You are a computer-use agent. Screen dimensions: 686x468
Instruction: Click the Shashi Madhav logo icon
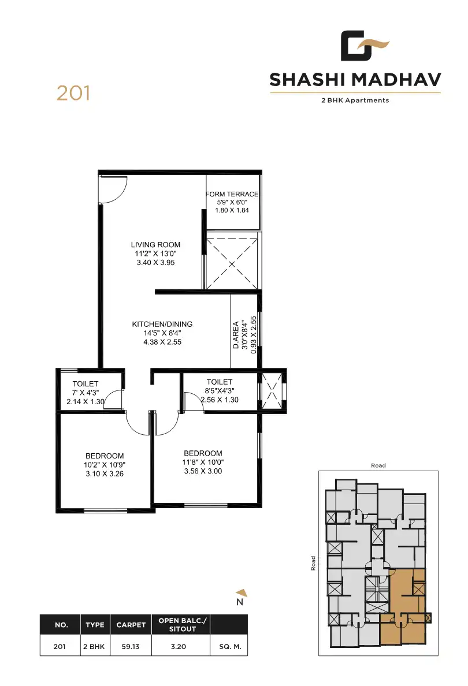point(364,46)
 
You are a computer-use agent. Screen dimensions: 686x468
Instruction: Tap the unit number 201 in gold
point(73,93)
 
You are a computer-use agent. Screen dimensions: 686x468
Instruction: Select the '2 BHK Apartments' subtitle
point(355,100)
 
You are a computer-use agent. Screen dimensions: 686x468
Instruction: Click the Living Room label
point(155,245)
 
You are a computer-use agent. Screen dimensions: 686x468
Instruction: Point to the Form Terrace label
point(232,195)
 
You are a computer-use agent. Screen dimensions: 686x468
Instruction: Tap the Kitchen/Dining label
point(162,325)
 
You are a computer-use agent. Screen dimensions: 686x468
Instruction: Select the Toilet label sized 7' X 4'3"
point(86,384)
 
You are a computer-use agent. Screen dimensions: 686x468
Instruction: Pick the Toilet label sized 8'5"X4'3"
point(220,382)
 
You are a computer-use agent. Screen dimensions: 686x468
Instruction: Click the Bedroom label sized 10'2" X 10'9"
point(105,456)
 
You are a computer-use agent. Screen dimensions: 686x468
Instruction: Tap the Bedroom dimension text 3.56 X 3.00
point(203,471)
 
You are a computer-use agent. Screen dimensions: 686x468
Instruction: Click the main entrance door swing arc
point(113,189)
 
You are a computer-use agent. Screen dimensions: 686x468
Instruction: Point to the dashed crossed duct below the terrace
point(232,263)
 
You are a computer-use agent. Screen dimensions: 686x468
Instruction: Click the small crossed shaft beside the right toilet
point(272,391)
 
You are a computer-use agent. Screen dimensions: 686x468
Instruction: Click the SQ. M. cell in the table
point(229,647)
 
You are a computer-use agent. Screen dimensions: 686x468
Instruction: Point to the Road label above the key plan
point(378,465)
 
